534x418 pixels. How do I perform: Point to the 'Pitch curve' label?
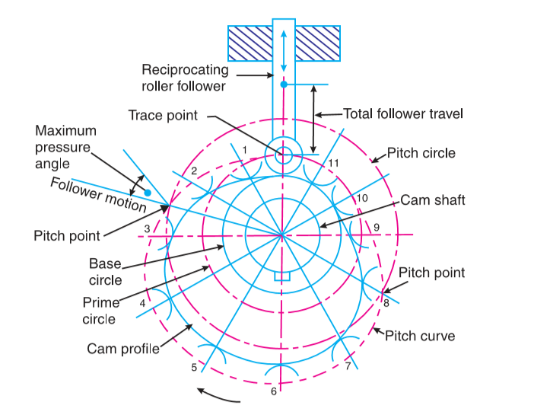(x=420, y=335)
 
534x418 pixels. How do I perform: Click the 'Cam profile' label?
(x=122, y=349)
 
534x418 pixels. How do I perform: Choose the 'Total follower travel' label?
(x=403, y=113)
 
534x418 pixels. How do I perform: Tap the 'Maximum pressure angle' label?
(x=62, y=147)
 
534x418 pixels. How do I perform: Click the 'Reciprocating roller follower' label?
(x=185, y=78)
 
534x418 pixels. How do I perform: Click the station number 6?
(x=274, y=391)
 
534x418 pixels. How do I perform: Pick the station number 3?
(x=144, y=228)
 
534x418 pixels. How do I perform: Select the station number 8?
(x=386, y=303)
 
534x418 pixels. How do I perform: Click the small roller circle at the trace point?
(x=283, y=156)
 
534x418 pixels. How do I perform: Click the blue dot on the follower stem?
(x=283, y=85)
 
